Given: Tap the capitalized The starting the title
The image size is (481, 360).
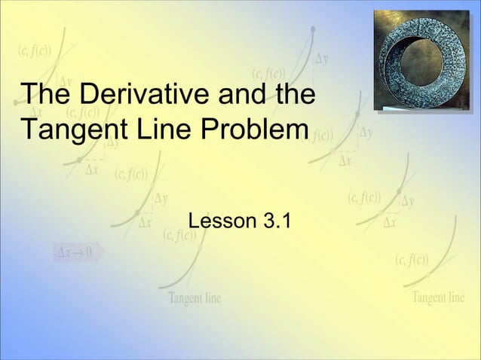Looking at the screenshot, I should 45,96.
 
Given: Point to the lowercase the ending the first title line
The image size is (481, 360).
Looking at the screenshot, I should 288,96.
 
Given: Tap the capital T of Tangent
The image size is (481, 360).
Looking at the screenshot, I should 29,129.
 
